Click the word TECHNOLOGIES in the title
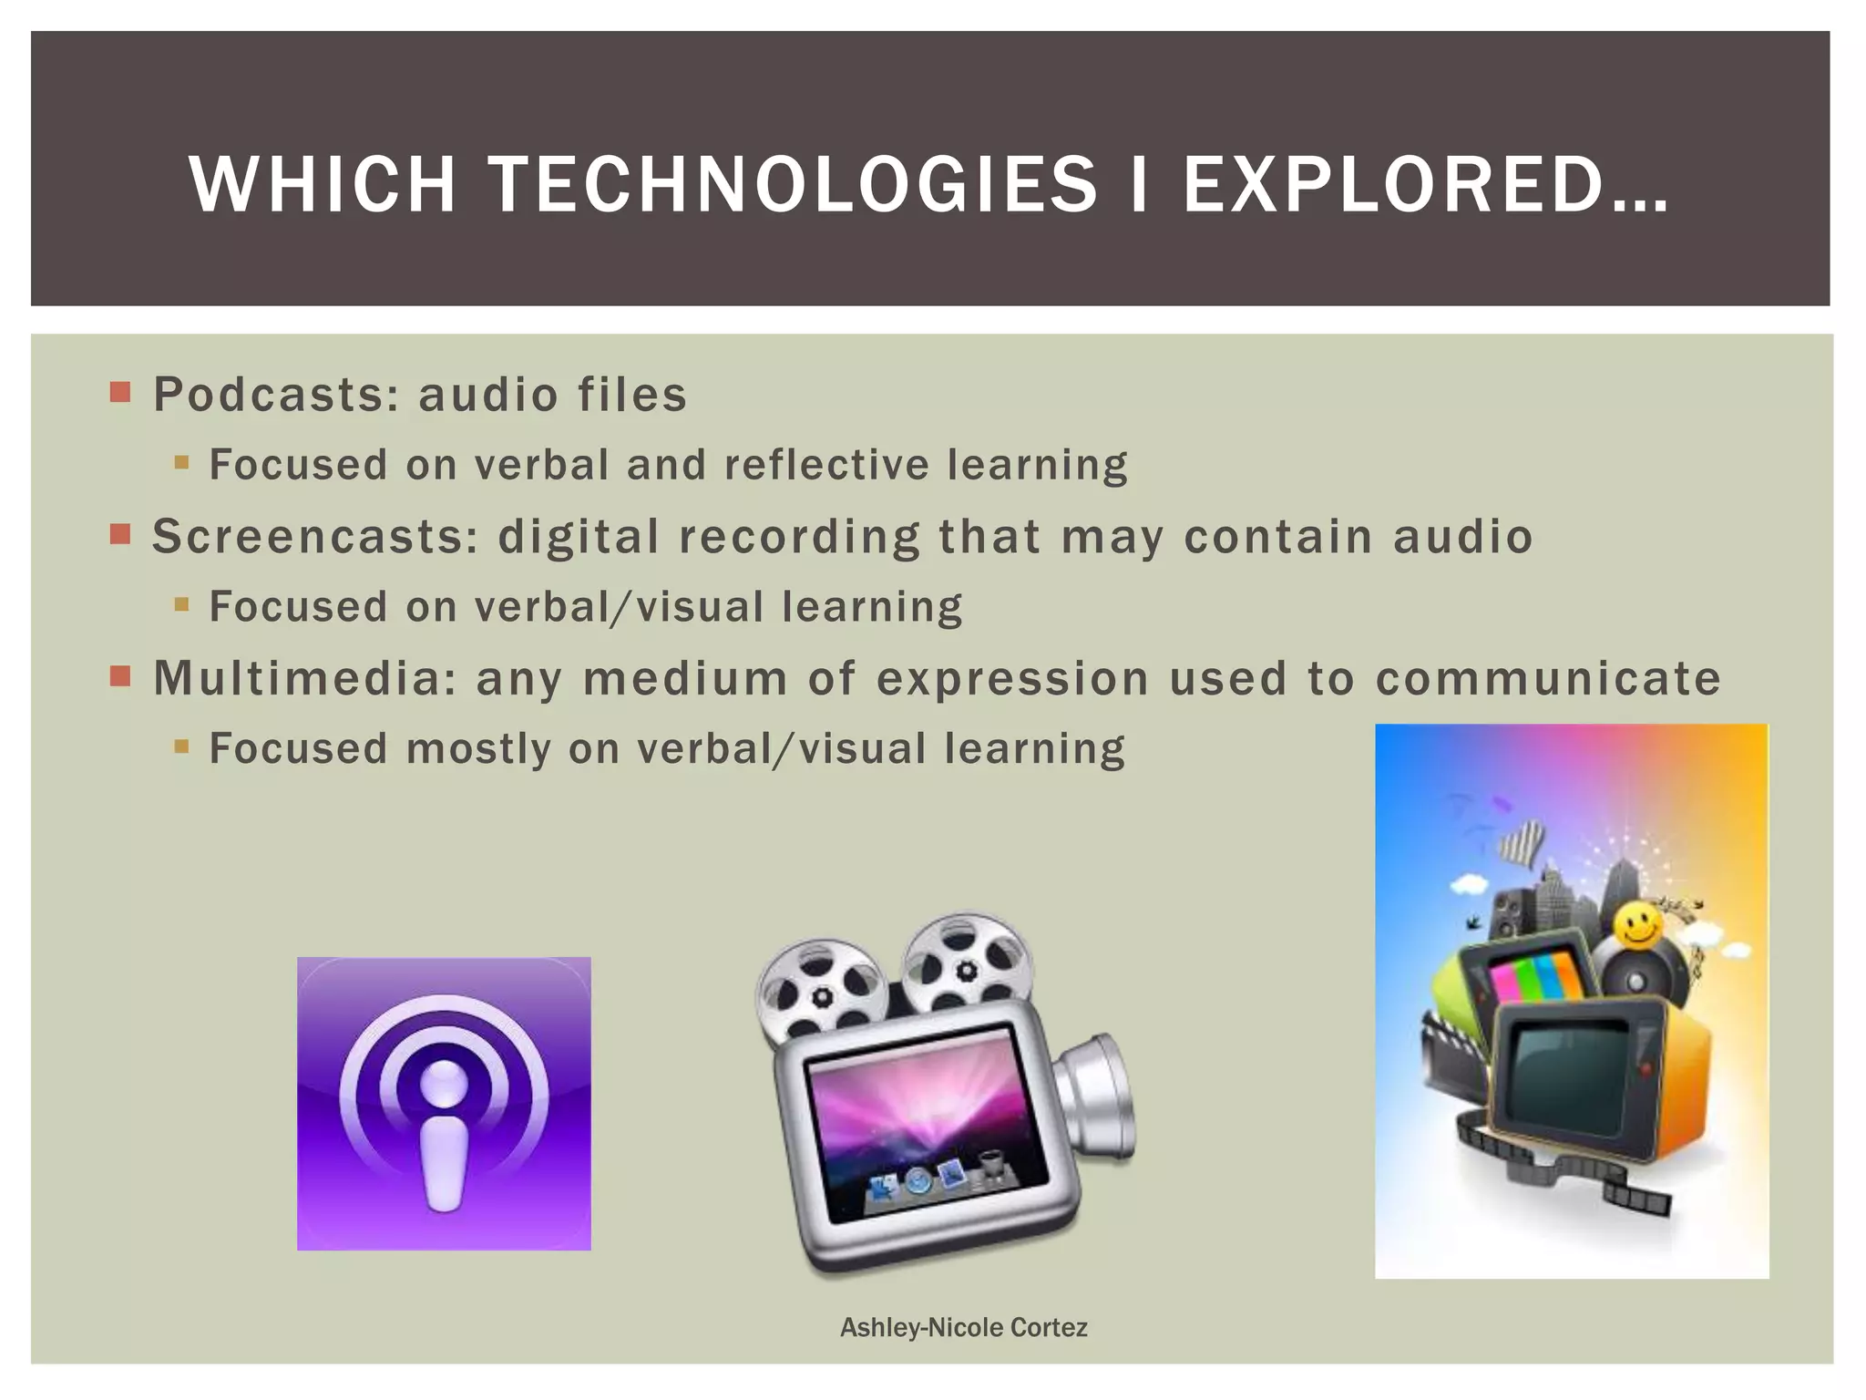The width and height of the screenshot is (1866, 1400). pos(793,185)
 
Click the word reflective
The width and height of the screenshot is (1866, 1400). pos(825,465)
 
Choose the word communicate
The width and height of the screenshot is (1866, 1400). pos(1548,678)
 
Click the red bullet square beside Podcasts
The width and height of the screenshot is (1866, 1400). pos(120,393)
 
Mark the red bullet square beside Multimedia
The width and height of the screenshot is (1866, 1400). pos(120,676)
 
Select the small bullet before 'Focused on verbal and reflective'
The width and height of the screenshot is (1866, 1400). pos(181,463)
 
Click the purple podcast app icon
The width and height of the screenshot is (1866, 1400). pos(444,1103)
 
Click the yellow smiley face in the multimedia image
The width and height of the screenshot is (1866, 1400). pos(1637,927)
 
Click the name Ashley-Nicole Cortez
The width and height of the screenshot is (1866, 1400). pos(963,1327)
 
